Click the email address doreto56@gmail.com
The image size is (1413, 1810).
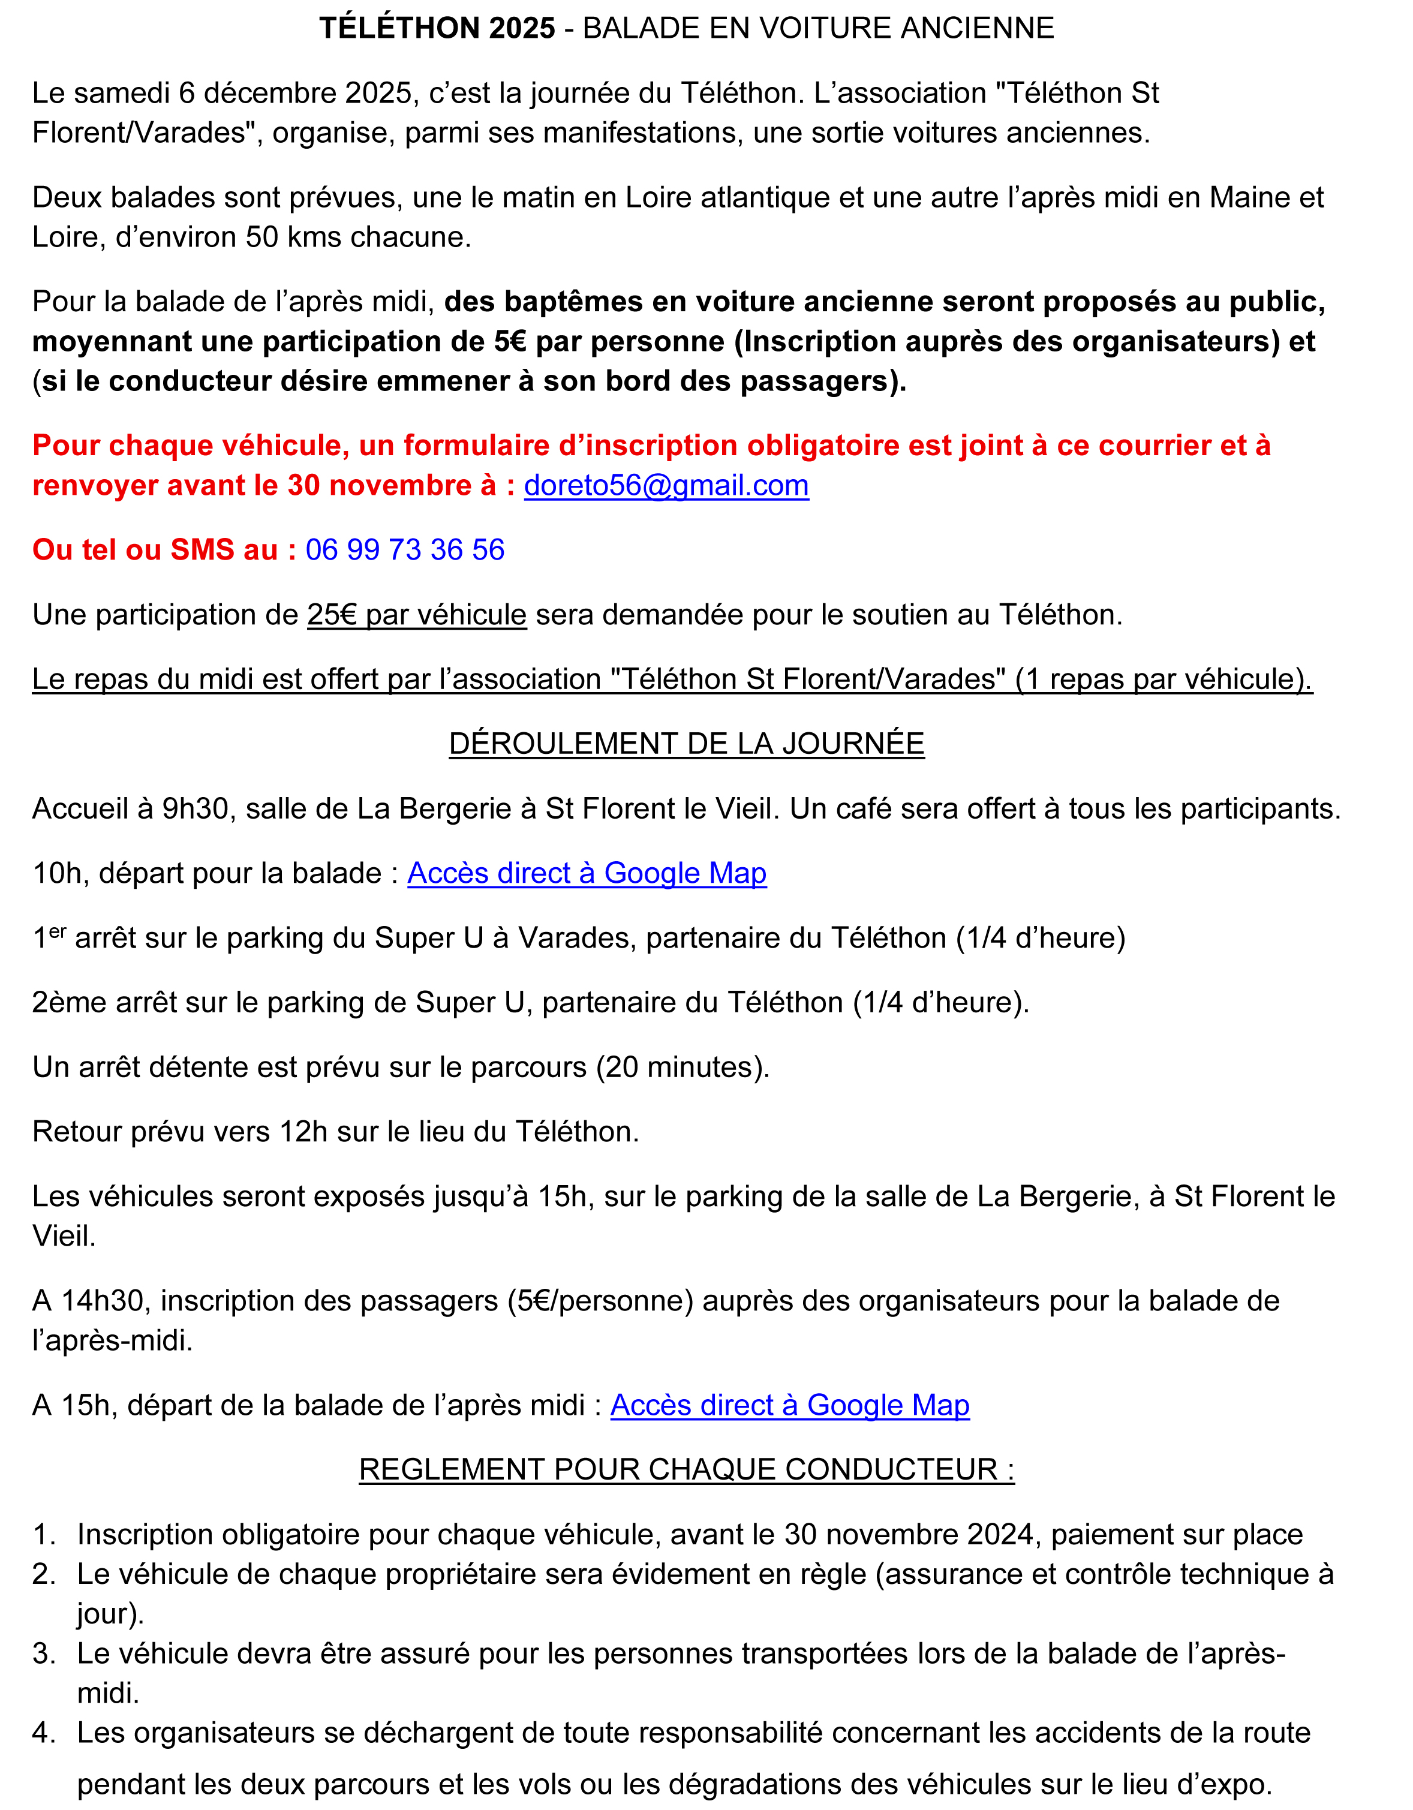(666, 486)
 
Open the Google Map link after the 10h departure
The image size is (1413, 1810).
(587, 873)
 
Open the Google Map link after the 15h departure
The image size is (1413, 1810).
(790, 1406)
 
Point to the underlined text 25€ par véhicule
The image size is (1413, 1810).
(417, 615)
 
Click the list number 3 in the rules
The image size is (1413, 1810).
(43, 1654)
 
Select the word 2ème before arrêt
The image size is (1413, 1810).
(70, 1003)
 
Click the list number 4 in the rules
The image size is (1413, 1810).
(43, 1733)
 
